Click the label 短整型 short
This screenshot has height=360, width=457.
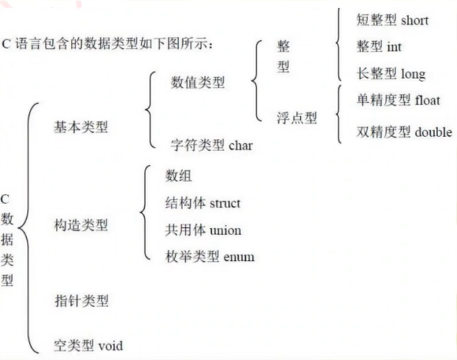pos(392,20)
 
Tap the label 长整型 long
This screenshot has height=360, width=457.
pos(391,73)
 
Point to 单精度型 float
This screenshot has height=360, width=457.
pos(398,100)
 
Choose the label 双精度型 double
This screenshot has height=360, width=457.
pos(404,131)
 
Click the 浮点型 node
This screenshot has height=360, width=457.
pos(297,117)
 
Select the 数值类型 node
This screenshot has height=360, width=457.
pos(198,83)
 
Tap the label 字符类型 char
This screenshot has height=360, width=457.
pos(211,145)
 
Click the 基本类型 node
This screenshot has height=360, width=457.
pos(81,127)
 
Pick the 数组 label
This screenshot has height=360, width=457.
pos(179,176)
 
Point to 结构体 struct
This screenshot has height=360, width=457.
pos(203,203)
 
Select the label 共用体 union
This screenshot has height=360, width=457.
pos(203,230)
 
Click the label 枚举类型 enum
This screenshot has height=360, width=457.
pos(209,257)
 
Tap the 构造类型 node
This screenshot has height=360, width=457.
pos(81,226)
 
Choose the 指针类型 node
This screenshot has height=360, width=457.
pos(81,301)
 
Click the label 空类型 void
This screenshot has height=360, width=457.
pos(88,345)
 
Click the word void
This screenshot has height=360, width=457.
pos(109,345)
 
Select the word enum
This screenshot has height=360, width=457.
pos(238,258)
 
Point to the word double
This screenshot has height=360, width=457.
pos(433,131)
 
